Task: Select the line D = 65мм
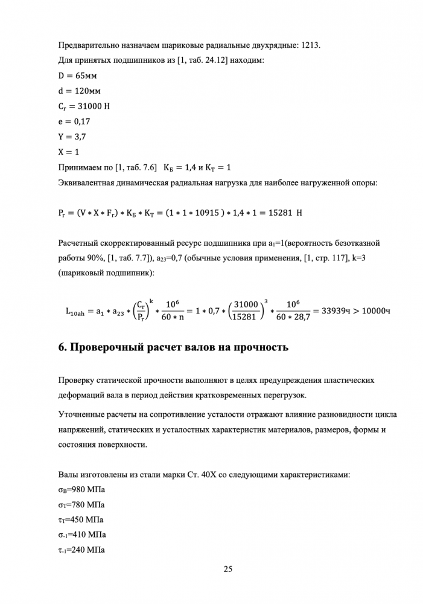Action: [77, 76]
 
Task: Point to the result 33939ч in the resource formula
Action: [337, 312]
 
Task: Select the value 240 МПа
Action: [89, 550]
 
